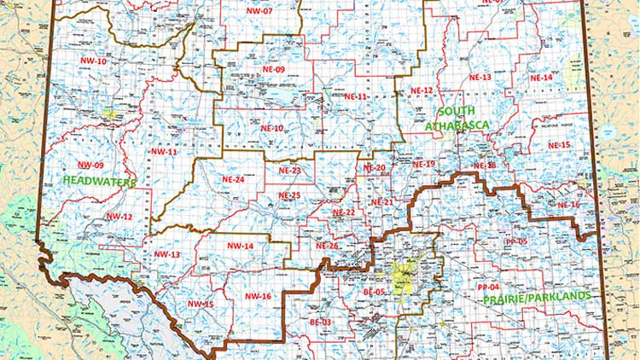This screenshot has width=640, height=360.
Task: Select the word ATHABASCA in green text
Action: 457,125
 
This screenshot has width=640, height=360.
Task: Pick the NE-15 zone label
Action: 559,146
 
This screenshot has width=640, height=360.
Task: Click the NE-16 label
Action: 568,206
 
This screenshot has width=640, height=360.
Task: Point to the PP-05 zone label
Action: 516,241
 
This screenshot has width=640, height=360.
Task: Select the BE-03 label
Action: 320,322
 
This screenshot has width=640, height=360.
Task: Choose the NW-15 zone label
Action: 201,305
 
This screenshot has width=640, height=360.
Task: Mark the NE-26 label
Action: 328,247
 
